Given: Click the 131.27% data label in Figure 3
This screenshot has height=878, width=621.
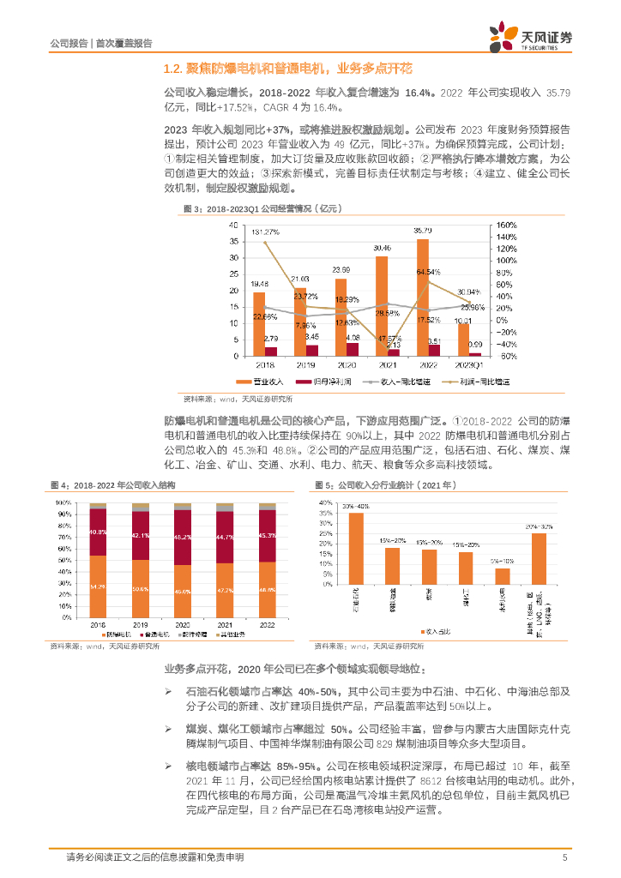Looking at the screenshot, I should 265,232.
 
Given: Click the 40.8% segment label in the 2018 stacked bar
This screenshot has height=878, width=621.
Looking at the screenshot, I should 98,532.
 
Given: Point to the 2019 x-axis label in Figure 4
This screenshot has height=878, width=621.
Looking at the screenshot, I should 141,625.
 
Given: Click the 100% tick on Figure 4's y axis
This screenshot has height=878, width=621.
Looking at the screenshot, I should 64,502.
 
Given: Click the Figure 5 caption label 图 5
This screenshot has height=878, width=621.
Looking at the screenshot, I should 325,485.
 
